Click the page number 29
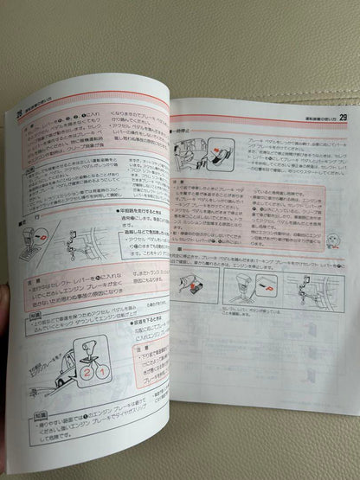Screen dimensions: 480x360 click(344, 117)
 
